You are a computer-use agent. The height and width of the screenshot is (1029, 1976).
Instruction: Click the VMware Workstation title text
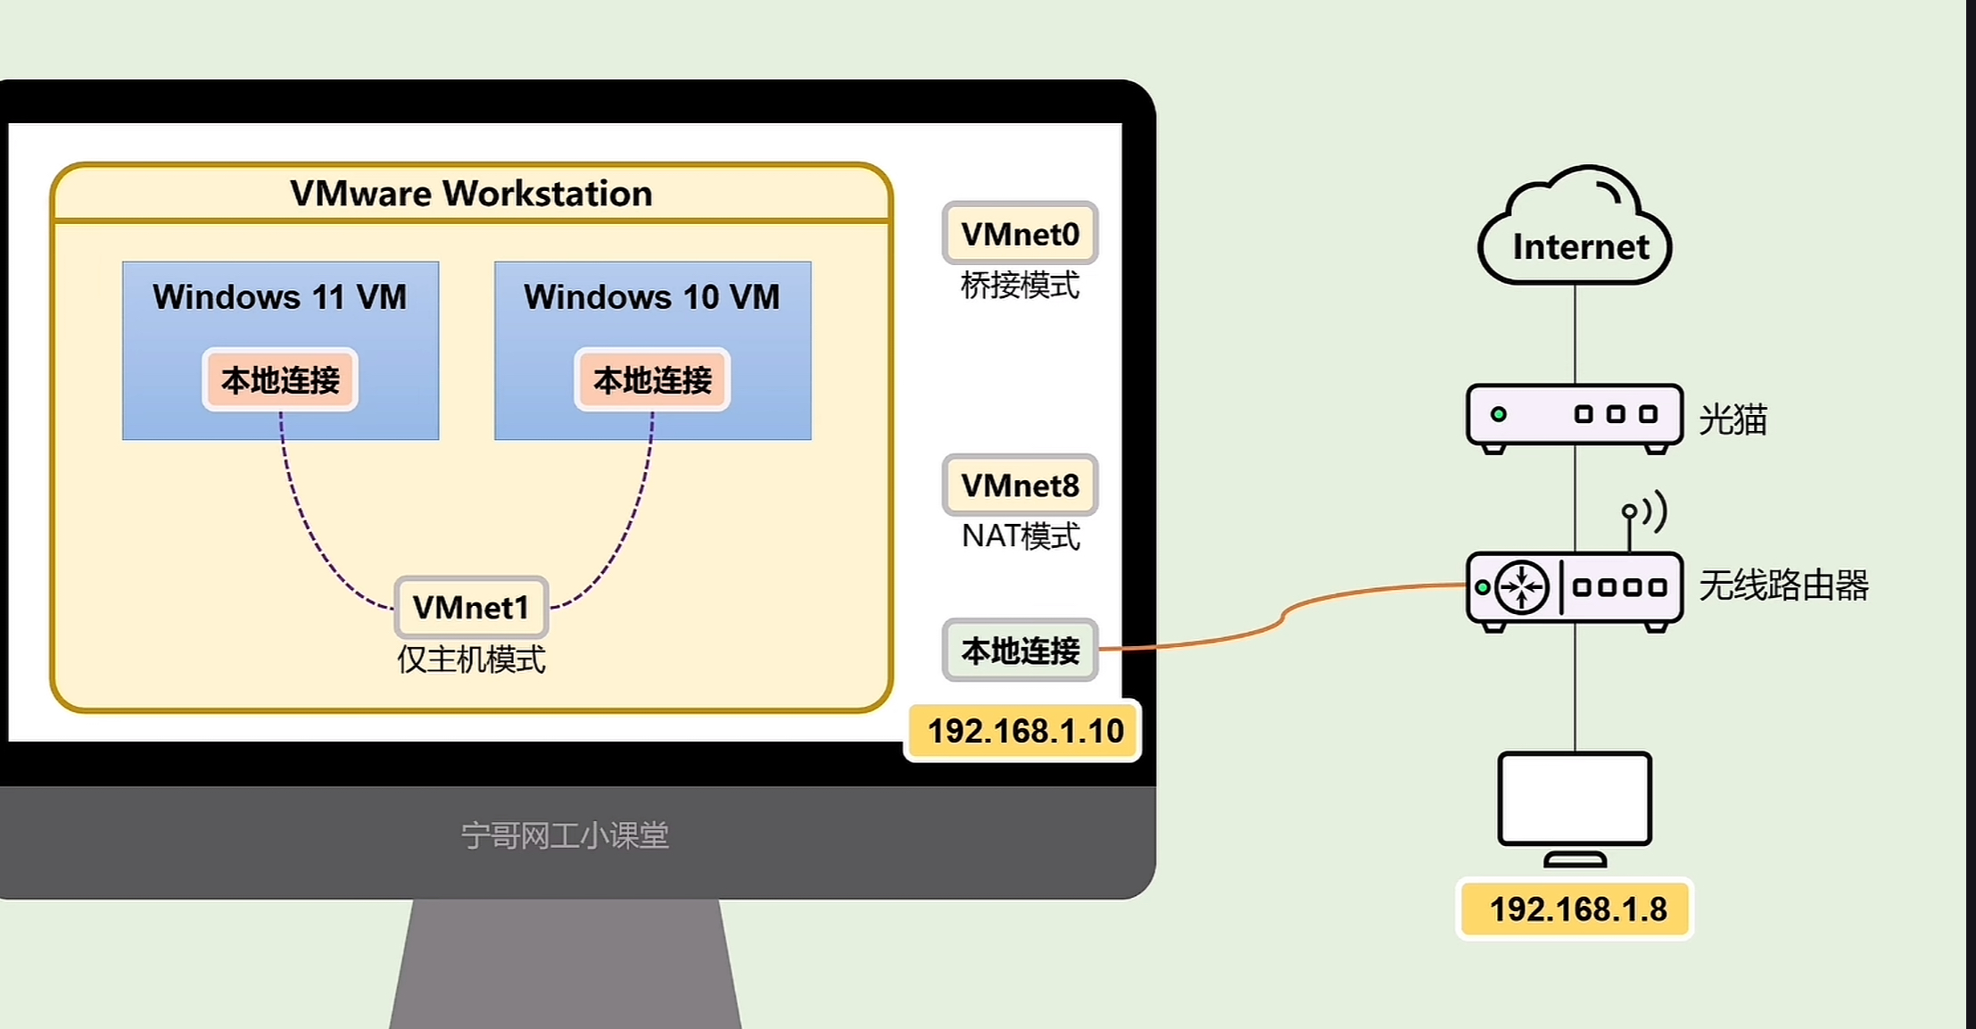(471, 194)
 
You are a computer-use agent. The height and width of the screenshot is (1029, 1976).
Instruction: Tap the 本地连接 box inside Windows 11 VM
(280, 380)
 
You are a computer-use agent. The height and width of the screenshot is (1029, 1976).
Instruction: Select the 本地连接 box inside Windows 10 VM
(652, 380)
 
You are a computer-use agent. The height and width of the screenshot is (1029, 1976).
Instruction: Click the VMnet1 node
(471, 608)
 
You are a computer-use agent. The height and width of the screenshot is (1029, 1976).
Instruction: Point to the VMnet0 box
(1020, 234)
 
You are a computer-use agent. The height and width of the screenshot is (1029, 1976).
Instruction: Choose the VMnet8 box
(1020, 485)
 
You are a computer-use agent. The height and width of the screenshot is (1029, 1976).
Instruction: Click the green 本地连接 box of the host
(1020, 651)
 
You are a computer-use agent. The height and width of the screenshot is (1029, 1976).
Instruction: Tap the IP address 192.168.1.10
(1025, 732)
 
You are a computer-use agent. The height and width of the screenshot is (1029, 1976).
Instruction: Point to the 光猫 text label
(1732, 419)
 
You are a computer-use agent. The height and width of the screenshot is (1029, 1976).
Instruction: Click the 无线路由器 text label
(1783, 586)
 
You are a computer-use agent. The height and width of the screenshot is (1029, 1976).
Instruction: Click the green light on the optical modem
(1499, 414)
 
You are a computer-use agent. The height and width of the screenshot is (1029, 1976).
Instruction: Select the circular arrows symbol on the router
(1521, 587)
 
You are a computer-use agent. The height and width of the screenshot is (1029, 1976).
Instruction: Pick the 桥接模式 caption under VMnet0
(1020, 286)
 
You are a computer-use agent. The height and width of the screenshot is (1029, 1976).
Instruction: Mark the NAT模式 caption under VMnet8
(1020, 536)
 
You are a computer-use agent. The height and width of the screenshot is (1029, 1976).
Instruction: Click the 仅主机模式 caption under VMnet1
(471, 660)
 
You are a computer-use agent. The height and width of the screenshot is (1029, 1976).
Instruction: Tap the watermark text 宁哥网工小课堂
(565, 835)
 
